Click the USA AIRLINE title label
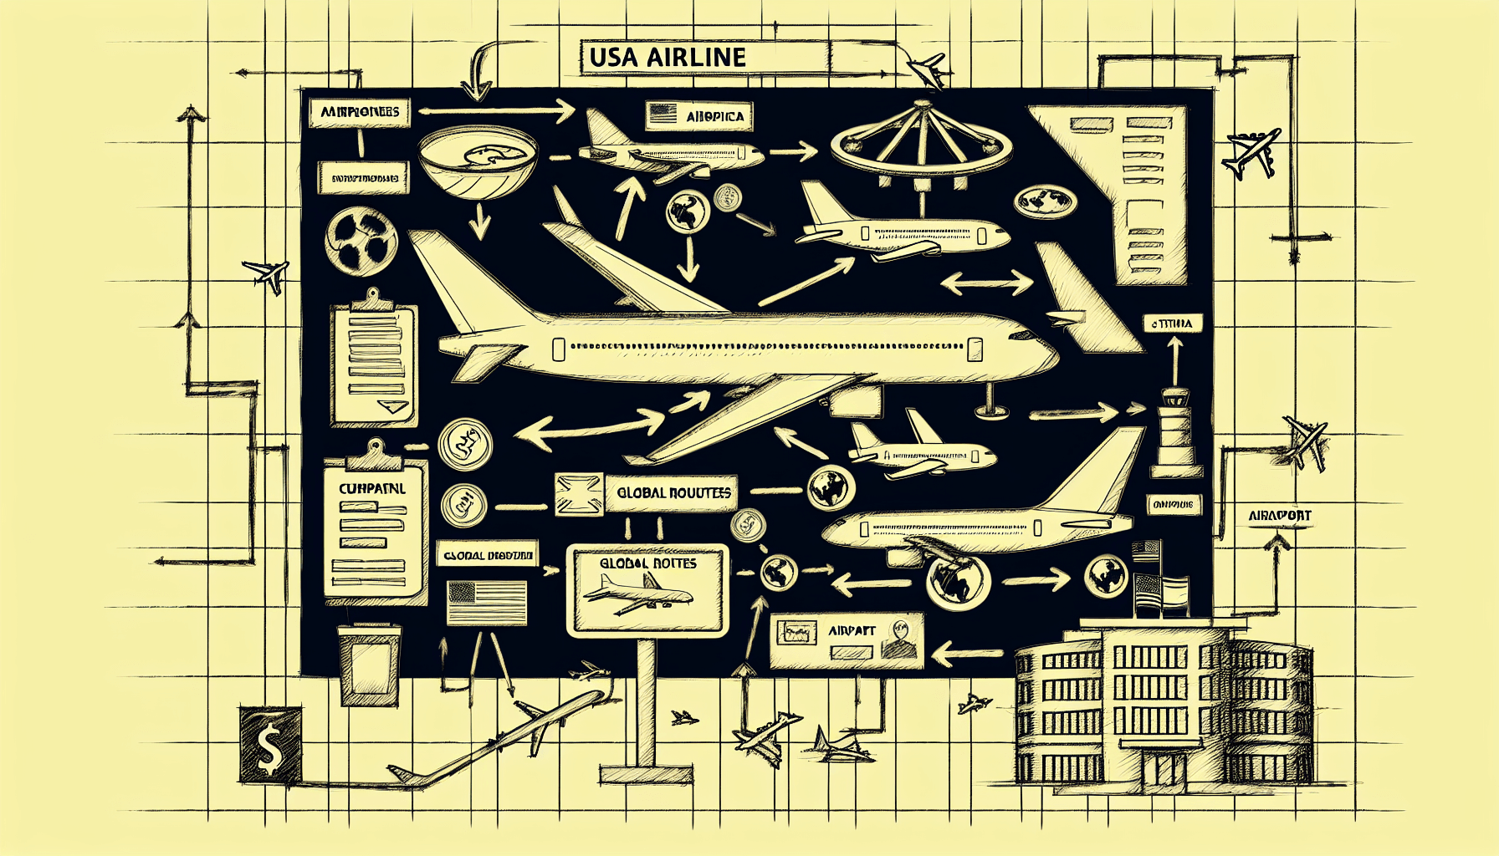(703, 58)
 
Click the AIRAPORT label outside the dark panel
(1279, 517)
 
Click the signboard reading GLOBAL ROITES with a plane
(647, 589)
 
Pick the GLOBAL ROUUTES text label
(674, 493)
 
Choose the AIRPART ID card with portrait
(846, 640)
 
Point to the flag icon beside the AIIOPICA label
(663, 115)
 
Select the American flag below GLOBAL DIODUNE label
(487, 602)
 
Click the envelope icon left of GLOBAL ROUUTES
(579, 493)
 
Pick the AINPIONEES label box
(360, 112)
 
